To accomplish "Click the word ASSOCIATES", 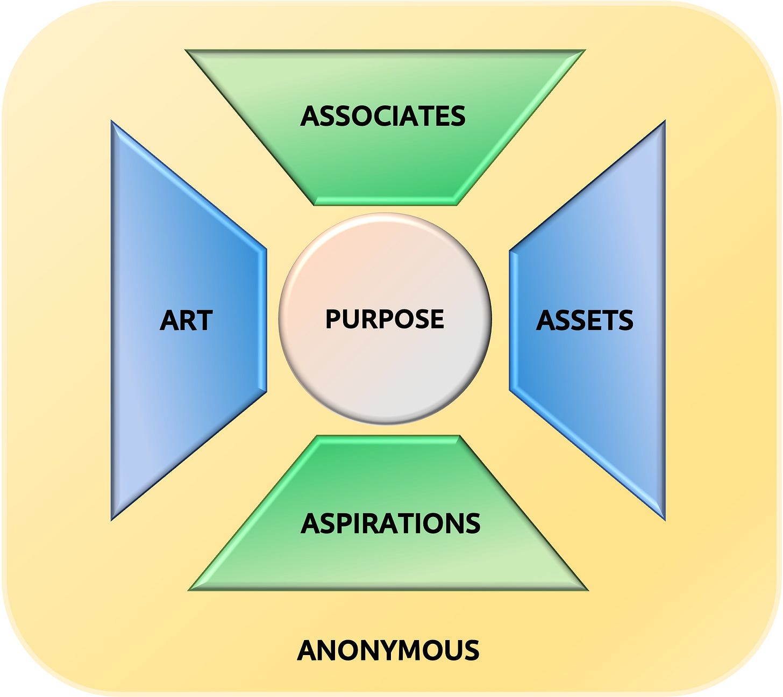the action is pyautogui.click(x=383, y=116).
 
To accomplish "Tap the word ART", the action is pyautogui.click(x=186, y=321).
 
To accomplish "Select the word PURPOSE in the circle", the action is pyautogui.click(x=385, y=319).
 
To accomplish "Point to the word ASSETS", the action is pyautogui.click(x=585, y=321).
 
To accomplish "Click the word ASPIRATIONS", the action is pyautogui.click(x=390, y=523).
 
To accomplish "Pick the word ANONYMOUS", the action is pyautogui.click(x=388, y=650).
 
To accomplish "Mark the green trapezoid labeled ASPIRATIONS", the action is pyautogui.click(x=387, y=564).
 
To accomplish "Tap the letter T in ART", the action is pyautogui.click(x=204, y=321).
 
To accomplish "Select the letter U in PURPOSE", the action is pyautogui.click(x=350, y=319).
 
